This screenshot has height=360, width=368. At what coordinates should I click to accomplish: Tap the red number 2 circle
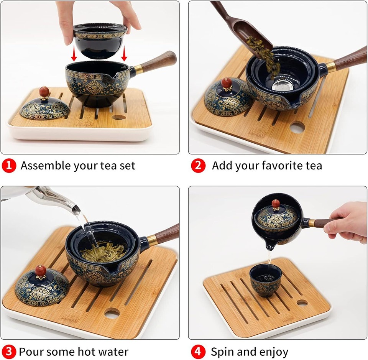[x=198, y=166]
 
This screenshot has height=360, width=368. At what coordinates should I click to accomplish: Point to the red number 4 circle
[x=198, y=351]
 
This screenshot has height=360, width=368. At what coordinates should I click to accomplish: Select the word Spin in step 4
[x=223, y=351]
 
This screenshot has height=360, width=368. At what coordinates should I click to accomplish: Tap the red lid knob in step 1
[x=44, y=92]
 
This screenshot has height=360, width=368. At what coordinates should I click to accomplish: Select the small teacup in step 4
[x=265, y=281]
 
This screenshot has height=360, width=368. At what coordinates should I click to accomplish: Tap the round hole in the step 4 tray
[x=302, y=302]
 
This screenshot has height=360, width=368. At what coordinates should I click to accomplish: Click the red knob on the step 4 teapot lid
[x=276, y=204]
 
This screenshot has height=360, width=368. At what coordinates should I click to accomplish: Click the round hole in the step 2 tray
[x=297, y=127]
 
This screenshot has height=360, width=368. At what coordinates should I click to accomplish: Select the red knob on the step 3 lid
[x=41, y=271]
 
